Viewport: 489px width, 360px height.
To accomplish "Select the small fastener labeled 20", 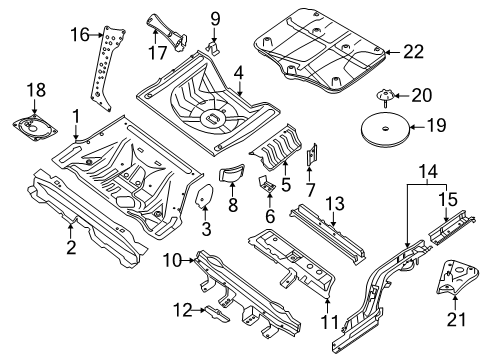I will (383, 97).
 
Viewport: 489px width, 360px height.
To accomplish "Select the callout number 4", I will (238, 72).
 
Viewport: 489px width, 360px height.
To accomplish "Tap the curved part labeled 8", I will (232, 175).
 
